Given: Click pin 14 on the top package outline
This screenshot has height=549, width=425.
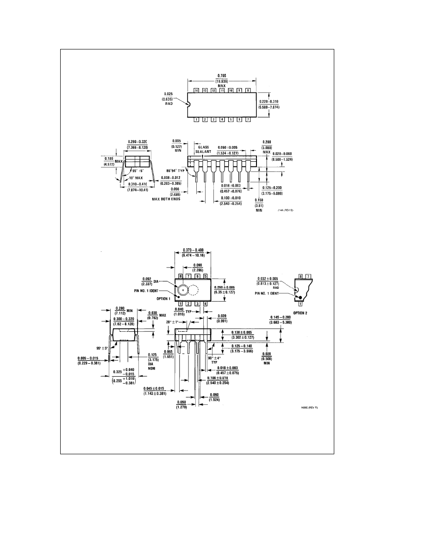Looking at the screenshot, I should click(196, 90).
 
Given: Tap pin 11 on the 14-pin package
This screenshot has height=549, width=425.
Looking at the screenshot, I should click(222, 90).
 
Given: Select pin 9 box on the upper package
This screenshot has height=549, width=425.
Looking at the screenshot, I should click(239, 90).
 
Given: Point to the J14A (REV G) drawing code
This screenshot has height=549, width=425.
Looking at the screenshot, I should click(286, 210).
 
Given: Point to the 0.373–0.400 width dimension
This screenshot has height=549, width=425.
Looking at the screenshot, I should click(193, 253).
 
